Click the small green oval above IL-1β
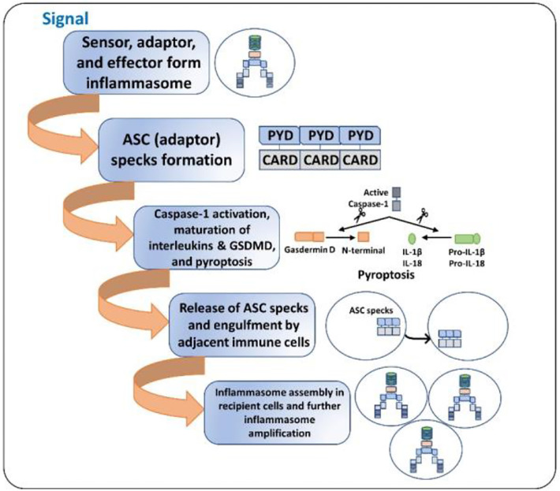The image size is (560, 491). [409, 237]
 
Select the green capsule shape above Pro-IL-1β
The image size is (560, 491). [465, 237]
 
